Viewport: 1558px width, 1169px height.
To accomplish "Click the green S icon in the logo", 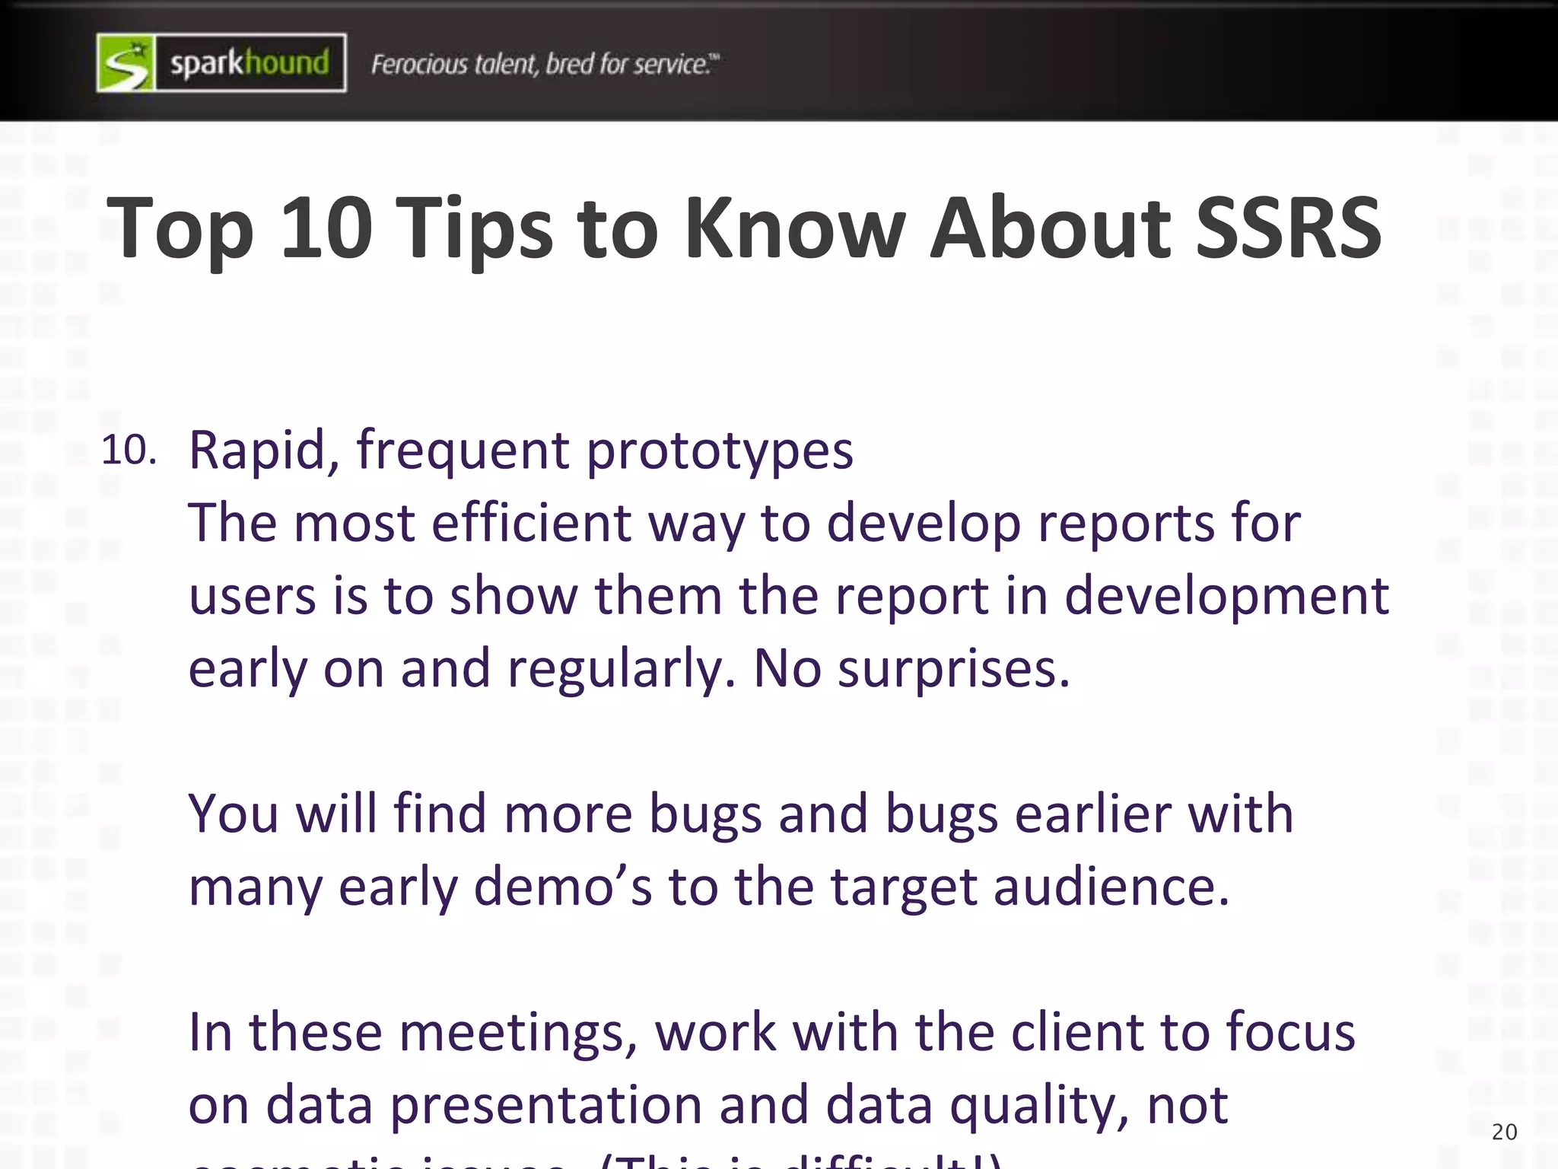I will [126, 63].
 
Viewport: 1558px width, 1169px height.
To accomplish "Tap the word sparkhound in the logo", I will [250, 63].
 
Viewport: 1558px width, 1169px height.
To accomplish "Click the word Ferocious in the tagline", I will [419, 64].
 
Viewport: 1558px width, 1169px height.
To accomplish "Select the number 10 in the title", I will [326, 228].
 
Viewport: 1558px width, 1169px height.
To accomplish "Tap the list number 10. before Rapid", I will [129, 450].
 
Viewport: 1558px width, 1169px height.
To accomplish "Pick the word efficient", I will [531, 523].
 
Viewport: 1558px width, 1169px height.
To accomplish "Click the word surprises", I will [953, 670].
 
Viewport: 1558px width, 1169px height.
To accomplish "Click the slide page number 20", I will [1504, 1132].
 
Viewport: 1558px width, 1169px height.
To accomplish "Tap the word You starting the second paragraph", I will [234, 814].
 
